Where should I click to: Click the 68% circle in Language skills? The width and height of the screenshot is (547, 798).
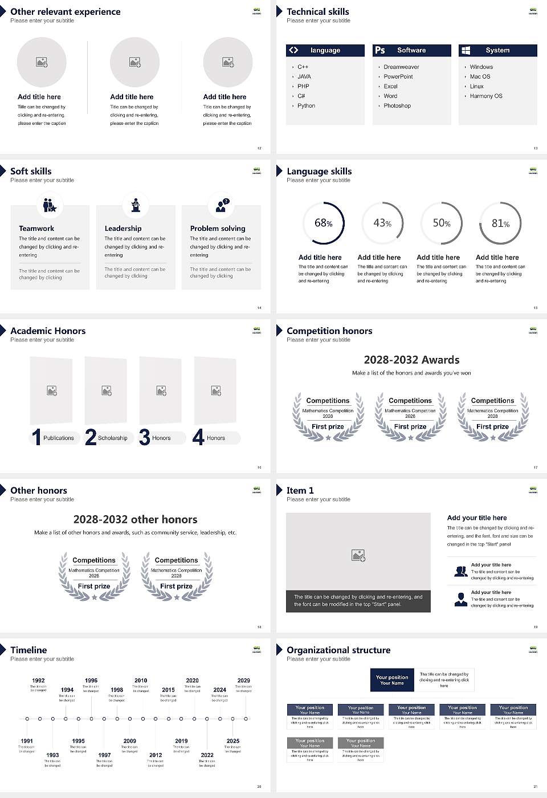323,223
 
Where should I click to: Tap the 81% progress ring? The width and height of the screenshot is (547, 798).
500,223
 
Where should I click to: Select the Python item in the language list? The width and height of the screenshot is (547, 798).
306,105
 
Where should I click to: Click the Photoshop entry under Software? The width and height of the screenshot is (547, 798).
397,105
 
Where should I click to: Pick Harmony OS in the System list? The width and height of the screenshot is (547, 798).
486,96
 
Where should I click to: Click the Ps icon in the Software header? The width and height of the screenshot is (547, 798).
380,50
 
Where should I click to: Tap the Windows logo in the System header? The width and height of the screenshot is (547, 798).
466,50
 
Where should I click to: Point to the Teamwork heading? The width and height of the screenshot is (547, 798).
36,228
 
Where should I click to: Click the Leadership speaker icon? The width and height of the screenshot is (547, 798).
136,205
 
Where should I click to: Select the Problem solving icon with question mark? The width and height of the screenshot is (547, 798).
222,205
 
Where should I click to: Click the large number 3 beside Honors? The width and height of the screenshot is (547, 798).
145,437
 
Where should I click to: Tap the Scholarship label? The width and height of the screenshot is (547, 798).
112,438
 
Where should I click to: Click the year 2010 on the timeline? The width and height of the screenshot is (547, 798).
141,680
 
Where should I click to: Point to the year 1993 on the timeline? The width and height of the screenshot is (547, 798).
52,755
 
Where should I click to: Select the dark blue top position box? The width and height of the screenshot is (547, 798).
392,680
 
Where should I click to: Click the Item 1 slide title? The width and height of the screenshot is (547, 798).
300,490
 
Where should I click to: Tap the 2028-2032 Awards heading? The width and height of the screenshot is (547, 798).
411,360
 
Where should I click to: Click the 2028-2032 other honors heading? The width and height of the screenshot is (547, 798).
135,519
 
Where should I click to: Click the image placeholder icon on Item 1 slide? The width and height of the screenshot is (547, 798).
358,555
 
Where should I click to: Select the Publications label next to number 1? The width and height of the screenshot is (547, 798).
58,438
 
